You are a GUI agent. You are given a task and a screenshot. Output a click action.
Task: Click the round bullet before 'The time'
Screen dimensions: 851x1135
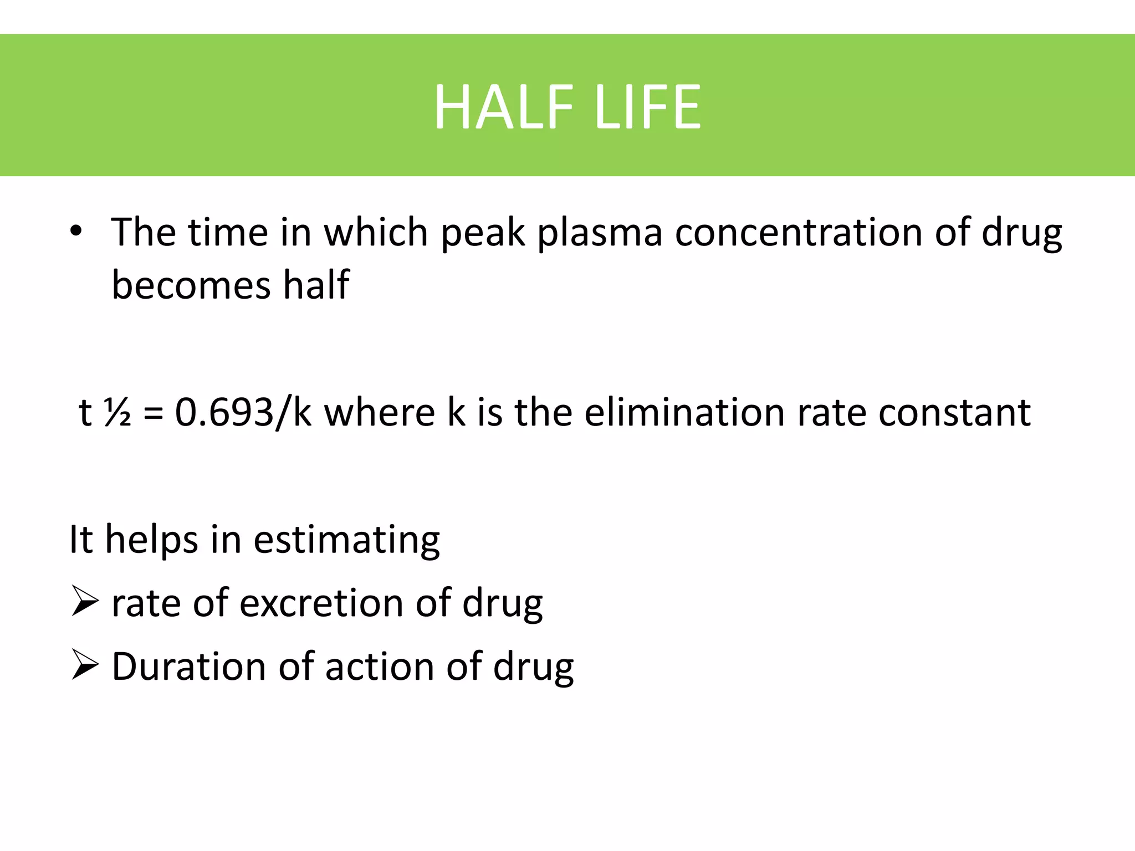click(x=76, y=232)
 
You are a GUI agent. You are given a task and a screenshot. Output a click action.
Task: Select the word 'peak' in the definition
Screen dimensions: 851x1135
click(x=482, y=233)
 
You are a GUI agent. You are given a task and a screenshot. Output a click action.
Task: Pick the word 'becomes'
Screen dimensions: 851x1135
click(x=191, y=285)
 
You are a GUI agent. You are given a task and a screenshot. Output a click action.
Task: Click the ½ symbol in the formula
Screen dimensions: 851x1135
click(x=117, y=413)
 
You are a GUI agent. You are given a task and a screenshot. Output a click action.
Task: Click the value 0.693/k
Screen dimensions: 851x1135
click(x=243, y=413)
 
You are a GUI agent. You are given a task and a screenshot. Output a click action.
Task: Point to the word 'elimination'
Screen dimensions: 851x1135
click(x=683, y=413)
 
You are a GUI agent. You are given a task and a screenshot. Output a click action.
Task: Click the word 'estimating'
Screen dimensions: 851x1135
click(x=346, y=540)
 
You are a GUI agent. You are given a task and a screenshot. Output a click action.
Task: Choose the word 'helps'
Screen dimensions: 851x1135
click(x=151, y=541)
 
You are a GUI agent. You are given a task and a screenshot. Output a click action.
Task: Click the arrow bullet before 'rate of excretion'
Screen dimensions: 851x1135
click(x=85, y=603)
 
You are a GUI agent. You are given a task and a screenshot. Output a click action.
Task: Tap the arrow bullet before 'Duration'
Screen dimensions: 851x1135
click(x=85, y=666)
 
